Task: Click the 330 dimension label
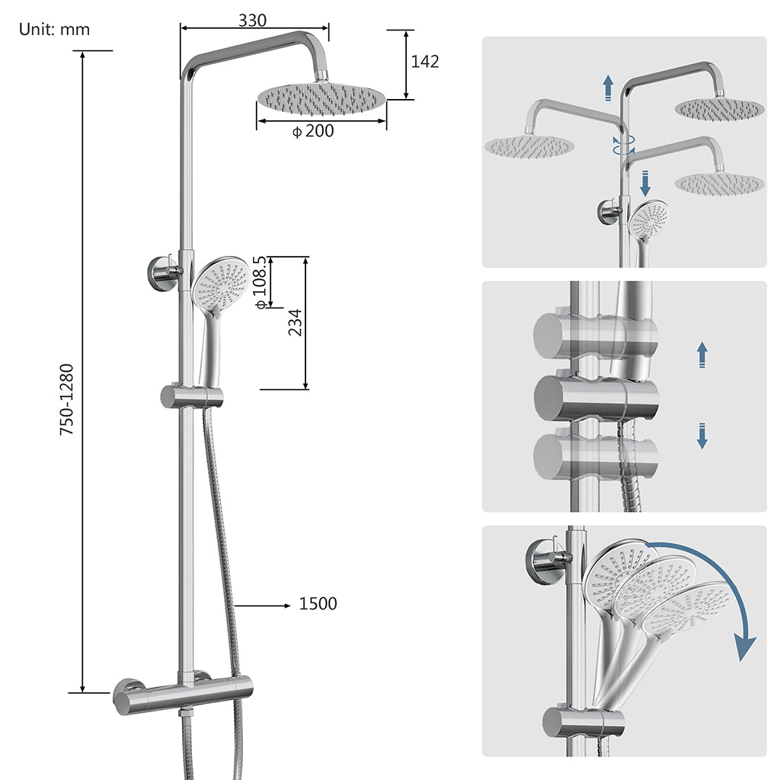252,21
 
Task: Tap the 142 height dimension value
425,62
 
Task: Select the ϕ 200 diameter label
313,131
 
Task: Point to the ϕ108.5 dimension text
261,282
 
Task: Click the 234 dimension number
295,322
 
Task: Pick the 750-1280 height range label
67,400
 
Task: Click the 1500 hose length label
318,604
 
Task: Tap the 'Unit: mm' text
54,30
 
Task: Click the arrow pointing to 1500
264,606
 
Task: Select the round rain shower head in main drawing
321,97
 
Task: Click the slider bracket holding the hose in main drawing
191,396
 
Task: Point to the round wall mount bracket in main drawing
162,274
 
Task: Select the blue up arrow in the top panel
607,88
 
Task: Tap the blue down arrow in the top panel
645,183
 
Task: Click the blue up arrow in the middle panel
702,355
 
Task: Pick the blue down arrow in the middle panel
702,436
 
